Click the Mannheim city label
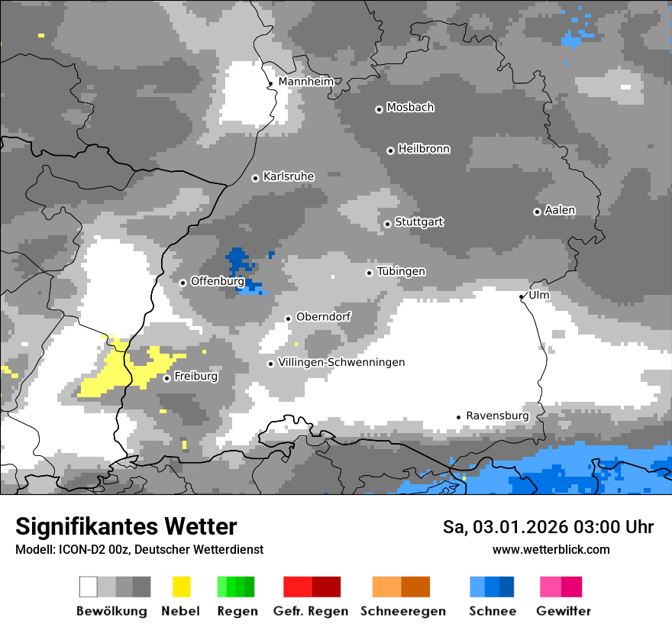tap(306, 82)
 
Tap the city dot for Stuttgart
tap(388, 224)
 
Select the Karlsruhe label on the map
tap(289, 176)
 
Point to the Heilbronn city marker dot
tap(390, 150)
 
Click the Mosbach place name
tap(410, 108)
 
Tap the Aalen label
tap(560, 210)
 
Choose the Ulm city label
tap(538, 295)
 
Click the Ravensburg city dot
tap(459, 417)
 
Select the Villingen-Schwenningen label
tap(341, 362)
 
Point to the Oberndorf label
tap(323, 316)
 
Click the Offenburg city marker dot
tap(183, 283)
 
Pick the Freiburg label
tap(195, 376)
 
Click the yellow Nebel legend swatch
tap(181, 587)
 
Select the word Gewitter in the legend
tap(564, 611)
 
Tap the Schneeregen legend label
tap(402, 611)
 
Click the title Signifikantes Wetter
tap(126, 526)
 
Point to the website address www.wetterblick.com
tap(551, 549)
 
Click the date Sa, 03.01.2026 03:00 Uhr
tap(548, 527)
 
